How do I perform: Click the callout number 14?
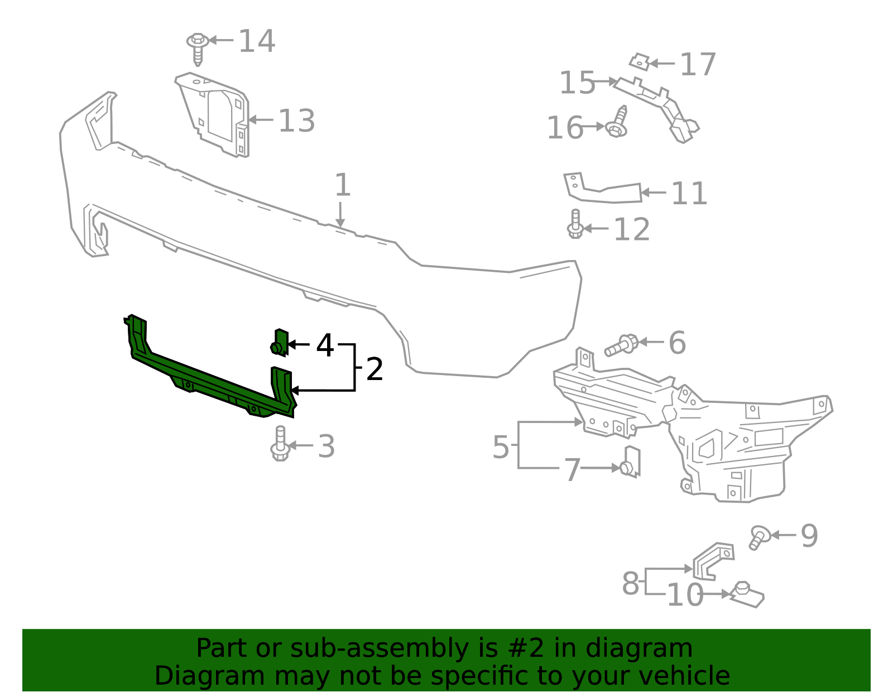[257, 41]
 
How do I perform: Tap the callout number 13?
[296, 121]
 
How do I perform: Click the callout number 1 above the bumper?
[342, 185]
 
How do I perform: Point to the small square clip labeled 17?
[640, 62]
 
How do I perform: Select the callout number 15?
[577, 83]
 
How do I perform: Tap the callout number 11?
[689, 193]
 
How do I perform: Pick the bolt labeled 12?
[575, 224]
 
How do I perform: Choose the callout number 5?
[501, 447]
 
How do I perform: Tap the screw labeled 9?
[758, 537]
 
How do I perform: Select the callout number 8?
[630, 584]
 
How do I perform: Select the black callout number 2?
[375, 369]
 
